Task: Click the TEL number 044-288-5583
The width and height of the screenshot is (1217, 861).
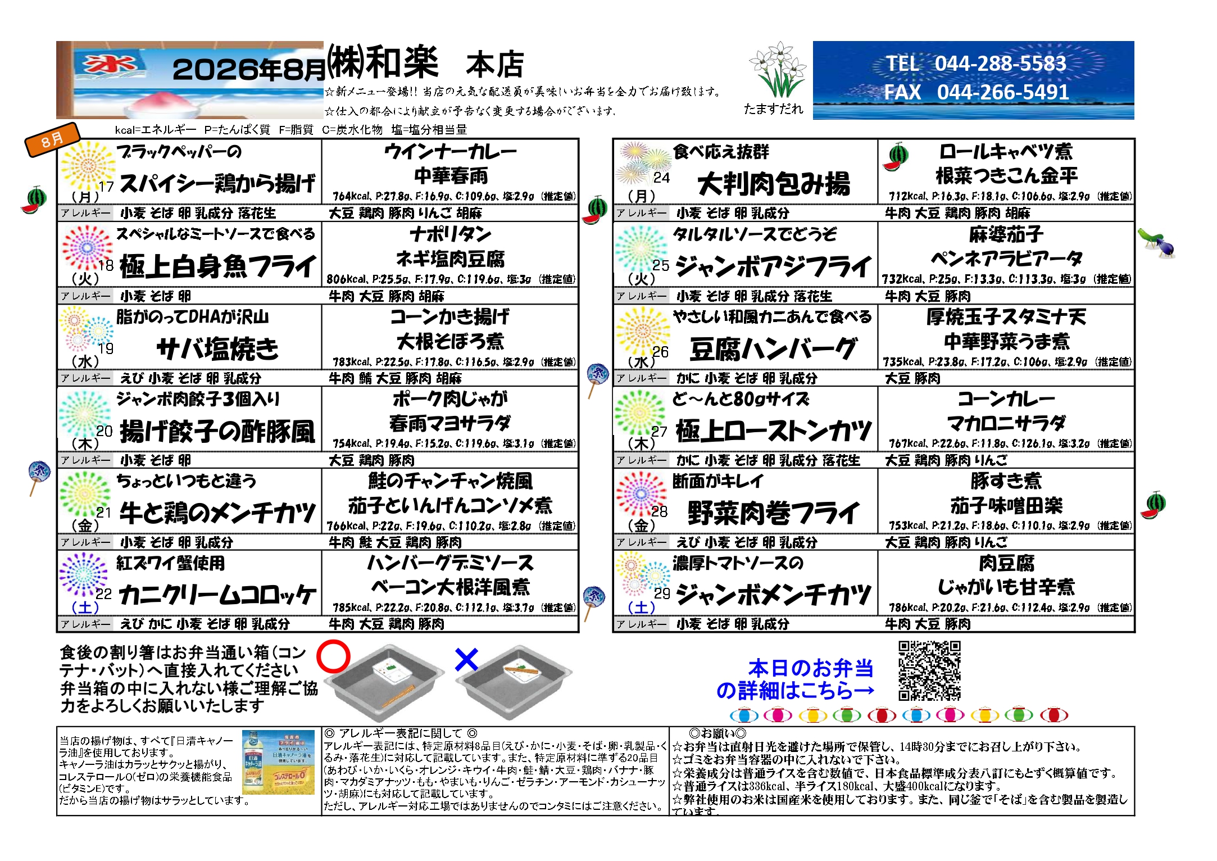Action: click(x=1000, y=64)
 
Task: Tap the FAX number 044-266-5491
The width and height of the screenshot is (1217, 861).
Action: click(x=1003, y=92)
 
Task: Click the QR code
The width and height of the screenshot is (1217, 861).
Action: click(x=929, y=670)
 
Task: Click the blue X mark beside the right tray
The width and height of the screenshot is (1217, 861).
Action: click(x=466, y=660)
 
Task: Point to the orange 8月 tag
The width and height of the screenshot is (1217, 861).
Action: click(x=52, y=139)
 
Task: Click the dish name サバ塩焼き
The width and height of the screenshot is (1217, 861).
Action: click(x=217, y=348)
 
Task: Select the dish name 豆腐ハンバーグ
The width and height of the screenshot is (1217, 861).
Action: click(x=773, y=349)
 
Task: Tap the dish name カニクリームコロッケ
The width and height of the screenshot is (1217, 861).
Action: click(x=218, y=595)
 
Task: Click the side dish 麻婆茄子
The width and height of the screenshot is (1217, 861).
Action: click(x=1006, y=234)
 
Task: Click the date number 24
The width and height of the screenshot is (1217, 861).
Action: click(x=661, y=178)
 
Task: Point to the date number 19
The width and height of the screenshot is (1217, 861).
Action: click(x=106, y=348)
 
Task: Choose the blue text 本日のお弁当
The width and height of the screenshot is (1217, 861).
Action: click(x=810, y=668)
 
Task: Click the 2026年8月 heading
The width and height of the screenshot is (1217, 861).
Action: click(x=248, y=69)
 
